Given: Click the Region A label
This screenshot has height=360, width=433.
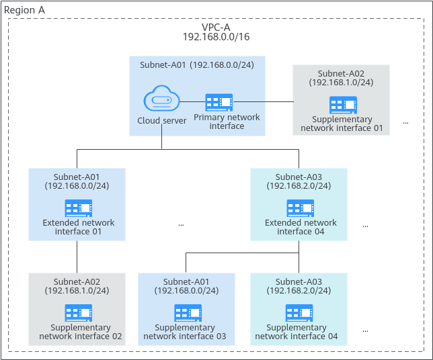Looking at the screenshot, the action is click(x=24, y=10).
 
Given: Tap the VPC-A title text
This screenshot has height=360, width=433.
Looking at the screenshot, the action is click(x=216, y=28).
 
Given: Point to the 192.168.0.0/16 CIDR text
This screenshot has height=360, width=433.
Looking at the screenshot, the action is click(x=216, y=37).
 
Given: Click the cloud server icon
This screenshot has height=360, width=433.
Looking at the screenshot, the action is click(x=161, y=98).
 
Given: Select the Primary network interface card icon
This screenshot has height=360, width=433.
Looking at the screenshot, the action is click(x=219, y=102).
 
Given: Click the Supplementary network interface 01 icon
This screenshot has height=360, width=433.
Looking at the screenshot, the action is click(x=344, y=105).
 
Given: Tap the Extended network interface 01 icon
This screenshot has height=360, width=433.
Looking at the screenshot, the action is click(x=79, y=208).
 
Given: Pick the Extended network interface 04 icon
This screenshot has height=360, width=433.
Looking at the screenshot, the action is click(x=301, y=208).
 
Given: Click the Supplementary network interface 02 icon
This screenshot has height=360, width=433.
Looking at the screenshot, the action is click(x=79, y=313).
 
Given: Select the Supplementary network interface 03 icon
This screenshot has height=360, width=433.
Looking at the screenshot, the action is click(x=188, y=313).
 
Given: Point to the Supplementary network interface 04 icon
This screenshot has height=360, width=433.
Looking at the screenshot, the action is click(x=299, y=313).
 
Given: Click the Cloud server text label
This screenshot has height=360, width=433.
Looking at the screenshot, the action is click(x=162, y=120).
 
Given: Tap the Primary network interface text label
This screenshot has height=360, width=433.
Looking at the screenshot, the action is click(x=227, y=122).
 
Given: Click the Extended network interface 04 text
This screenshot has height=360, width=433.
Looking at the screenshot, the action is click(x=301, y=227).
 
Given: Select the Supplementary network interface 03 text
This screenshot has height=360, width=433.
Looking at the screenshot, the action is click(x=185, y=332).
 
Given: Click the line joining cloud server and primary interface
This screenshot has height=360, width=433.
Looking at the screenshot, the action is click(x=193, y=102).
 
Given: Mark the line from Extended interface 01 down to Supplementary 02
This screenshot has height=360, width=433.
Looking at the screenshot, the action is click(x=77, y=257).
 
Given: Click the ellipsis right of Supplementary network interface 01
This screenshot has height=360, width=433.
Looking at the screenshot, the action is click(x=405, y=123).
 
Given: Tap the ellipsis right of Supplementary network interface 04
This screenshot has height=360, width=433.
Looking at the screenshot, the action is click(x=365, y=331).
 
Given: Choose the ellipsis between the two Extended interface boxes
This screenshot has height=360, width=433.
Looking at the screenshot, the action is click(x=181, y=225).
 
